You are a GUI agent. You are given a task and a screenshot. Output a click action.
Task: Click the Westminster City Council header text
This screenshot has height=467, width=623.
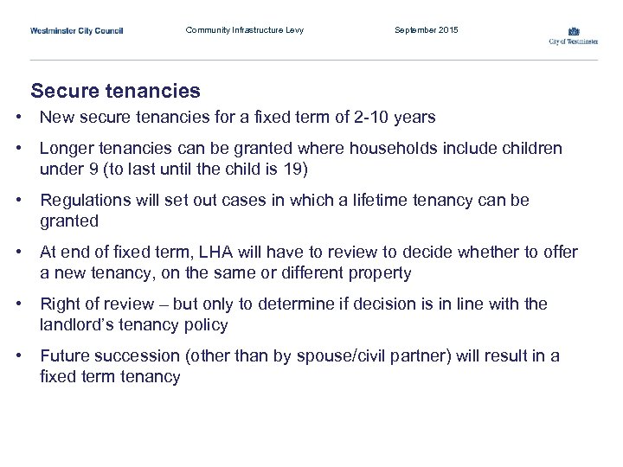[77, 30]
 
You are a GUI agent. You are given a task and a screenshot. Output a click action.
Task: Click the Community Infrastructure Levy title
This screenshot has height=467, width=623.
[245, 30]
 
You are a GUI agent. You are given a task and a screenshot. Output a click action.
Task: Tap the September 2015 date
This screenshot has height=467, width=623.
[427, 30]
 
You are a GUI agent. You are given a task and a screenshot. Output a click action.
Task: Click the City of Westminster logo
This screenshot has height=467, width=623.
[573, 35]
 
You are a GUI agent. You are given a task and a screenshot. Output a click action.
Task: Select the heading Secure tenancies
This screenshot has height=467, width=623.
[115, 91]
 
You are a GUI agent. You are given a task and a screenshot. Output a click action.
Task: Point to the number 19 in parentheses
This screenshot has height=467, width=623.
[289, 169]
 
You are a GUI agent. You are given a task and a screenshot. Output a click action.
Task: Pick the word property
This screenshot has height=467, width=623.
[378, 273]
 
